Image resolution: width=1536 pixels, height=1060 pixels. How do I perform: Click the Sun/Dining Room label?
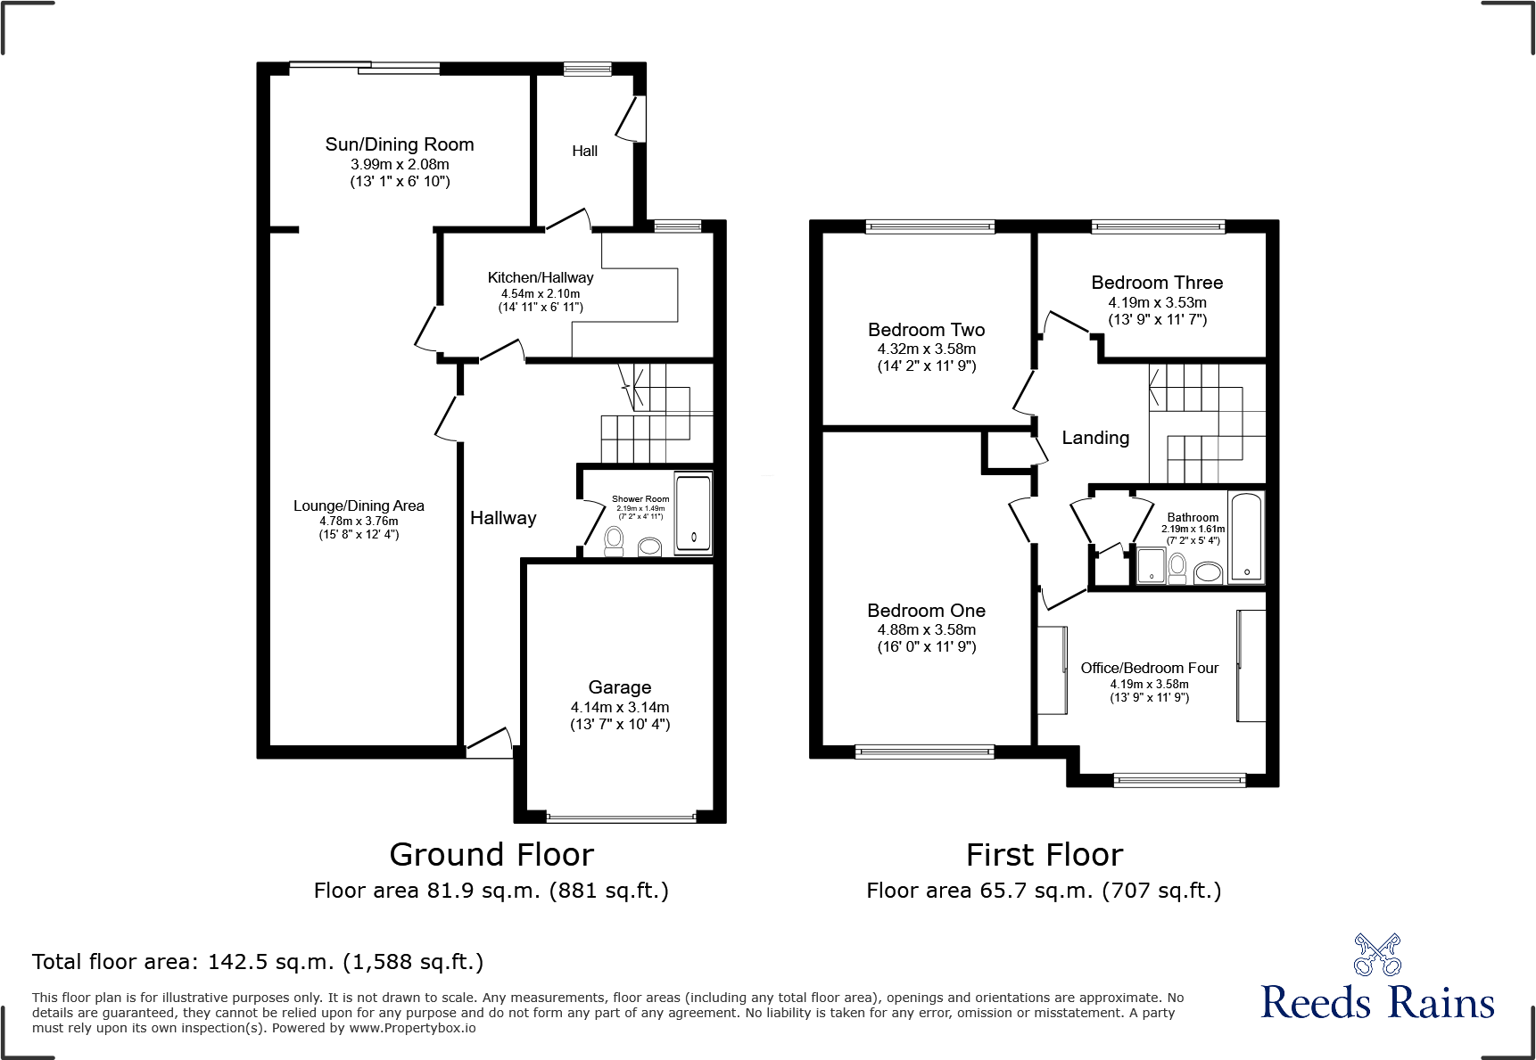point(399,144)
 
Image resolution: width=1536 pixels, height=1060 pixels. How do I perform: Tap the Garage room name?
point(619,687)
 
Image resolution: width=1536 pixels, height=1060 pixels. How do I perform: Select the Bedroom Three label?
point(1157,283)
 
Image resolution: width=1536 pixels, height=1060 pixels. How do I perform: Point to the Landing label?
point(1095,438)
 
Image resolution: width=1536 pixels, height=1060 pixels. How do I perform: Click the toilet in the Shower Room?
point(614,540)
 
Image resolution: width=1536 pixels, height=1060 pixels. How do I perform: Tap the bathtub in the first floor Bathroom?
point(1246,537)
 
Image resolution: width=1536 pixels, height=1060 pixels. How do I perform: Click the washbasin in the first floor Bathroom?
point(1208,571)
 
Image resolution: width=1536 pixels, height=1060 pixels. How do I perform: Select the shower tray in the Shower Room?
point(693,514)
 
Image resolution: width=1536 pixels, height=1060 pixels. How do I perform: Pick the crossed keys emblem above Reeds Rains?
point(1376,955)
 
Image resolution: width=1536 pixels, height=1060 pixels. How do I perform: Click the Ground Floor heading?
point(491,855)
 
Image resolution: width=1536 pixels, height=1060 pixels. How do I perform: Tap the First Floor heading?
point(1044,855)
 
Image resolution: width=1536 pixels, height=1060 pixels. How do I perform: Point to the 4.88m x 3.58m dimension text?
point(926,630)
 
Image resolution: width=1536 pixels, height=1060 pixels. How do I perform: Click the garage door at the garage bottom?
point(620,817)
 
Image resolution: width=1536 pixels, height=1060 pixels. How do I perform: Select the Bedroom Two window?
point(929,226)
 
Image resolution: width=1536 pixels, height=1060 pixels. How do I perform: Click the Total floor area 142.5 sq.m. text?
point(258,962)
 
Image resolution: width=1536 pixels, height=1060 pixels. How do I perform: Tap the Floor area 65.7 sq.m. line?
point(1043,891)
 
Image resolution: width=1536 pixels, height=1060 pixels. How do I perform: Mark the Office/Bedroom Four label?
point(1149,668)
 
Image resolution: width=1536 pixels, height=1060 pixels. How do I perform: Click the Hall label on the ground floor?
point(584,152)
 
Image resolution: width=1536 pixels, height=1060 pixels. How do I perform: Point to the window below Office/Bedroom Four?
point(1178,780)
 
